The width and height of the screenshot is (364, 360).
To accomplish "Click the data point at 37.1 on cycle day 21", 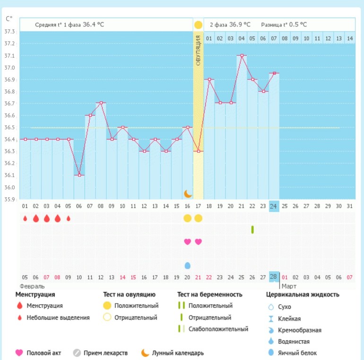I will pyautogui.click(x=242, y=55).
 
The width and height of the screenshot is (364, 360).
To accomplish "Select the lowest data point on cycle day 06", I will pyautogui.click(x=79, y=175).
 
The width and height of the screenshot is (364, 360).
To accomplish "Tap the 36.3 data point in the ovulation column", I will pyautogui.click(x=198, y=151).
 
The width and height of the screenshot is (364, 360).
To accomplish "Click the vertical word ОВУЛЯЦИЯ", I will pyautogui.click(x=198, y=52).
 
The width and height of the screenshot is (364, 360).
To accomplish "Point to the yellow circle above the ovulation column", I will pyautogui.click(x=198, y=25).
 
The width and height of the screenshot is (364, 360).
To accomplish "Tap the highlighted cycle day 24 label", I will pyautogui.click(x=274, y=206).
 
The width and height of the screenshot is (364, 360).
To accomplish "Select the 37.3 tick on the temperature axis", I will pyautogui.click(x=9, y=32).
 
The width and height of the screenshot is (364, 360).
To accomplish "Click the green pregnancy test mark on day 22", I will pyautogui.click(x=252, y=229).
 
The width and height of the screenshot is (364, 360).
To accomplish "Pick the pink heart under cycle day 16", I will pyautogui.click(x=187, y=242).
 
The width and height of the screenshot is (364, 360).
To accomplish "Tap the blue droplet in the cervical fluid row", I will pyautogui.click(x=187, y=265).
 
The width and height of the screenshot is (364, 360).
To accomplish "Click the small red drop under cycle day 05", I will pyautogui.click(x=68, y=219).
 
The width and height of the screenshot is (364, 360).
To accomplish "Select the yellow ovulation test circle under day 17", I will pyautogui.click(x=198, y=218).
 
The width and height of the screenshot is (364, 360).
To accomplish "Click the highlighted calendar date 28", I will pyautogui.click(x=274, y=277).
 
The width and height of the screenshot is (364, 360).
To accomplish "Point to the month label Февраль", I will pyautogui.click(x=32, y=286).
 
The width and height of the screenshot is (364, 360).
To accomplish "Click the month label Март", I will pyautogui.click(x=288, y=286).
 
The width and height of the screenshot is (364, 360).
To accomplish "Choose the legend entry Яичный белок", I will pyautogui.click(x=297, y=353).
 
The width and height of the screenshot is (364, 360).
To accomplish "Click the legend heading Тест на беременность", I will pyautogui.click(x=209, y=294).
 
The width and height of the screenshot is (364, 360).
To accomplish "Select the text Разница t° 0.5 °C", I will pyautogui.click(x=284, y=25).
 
